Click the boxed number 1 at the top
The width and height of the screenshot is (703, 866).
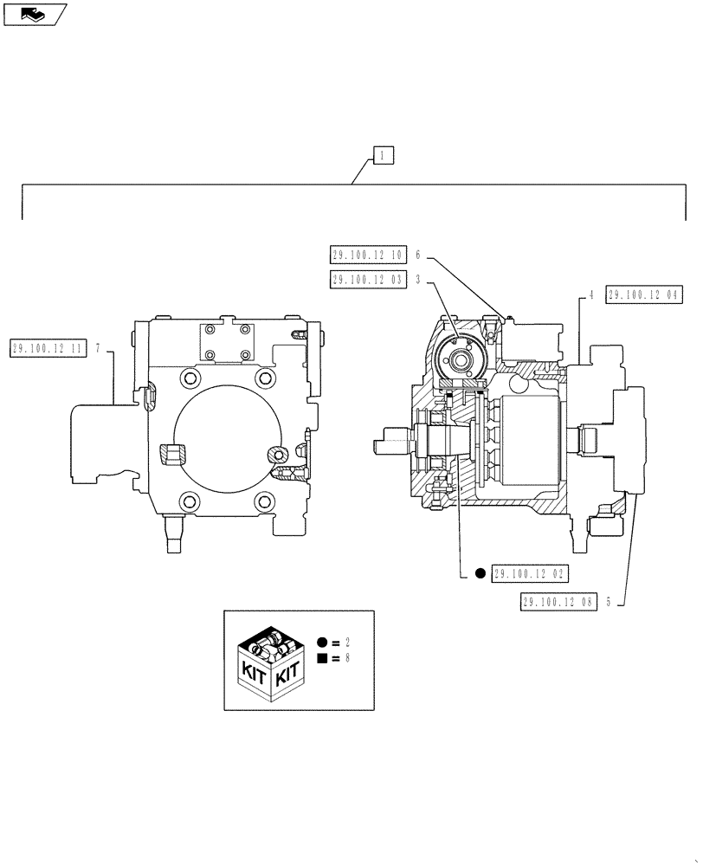384,156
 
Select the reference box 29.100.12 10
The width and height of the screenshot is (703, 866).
368,255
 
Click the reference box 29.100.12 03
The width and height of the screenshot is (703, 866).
368,279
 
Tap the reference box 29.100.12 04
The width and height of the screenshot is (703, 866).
644,294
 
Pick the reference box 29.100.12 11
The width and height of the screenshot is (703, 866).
49,348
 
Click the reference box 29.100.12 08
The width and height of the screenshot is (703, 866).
558,603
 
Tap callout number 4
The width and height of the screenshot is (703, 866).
590,294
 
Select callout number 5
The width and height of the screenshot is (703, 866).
609,603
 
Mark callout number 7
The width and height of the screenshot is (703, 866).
99,348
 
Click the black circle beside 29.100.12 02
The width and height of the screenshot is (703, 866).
480,573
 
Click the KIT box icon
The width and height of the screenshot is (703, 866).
270,660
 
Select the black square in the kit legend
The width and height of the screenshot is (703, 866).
321,659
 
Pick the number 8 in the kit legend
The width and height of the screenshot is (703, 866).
346,659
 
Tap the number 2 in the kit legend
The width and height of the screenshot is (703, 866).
346,643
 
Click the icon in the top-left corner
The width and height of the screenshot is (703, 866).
34,13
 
